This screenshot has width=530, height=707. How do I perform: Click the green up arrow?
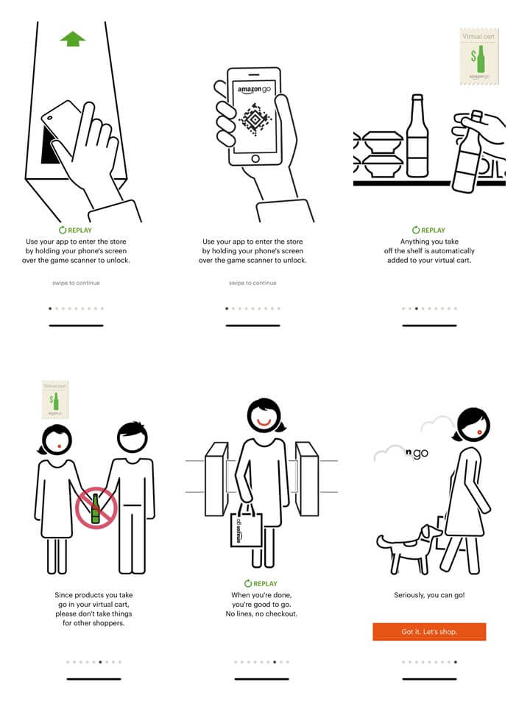tap(73, 39)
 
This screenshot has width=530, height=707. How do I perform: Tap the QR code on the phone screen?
tap(255, 119)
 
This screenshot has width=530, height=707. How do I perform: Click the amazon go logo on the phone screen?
tap(254, 89)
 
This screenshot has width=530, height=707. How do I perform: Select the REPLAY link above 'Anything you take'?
tap(428, 230)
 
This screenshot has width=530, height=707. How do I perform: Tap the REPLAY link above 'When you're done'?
tap(261, 583)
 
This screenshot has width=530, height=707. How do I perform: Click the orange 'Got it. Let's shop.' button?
tap(429, 632)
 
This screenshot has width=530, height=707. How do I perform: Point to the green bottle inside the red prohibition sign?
tap(96, 509)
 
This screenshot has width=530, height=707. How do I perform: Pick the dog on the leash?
tap(409, 548)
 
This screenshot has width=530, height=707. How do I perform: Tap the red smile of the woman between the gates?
tap(264, 423)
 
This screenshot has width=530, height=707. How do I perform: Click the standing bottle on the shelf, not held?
tap(417, 136)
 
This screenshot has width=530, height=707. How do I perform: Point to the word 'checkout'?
tap(281, 613)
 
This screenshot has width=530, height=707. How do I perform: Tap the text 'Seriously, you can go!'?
tap(429, 595)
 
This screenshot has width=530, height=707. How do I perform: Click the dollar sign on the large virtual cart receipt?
tap(473, 56)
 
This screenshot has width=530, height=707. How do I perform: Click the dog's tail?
tap(382, 540)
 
